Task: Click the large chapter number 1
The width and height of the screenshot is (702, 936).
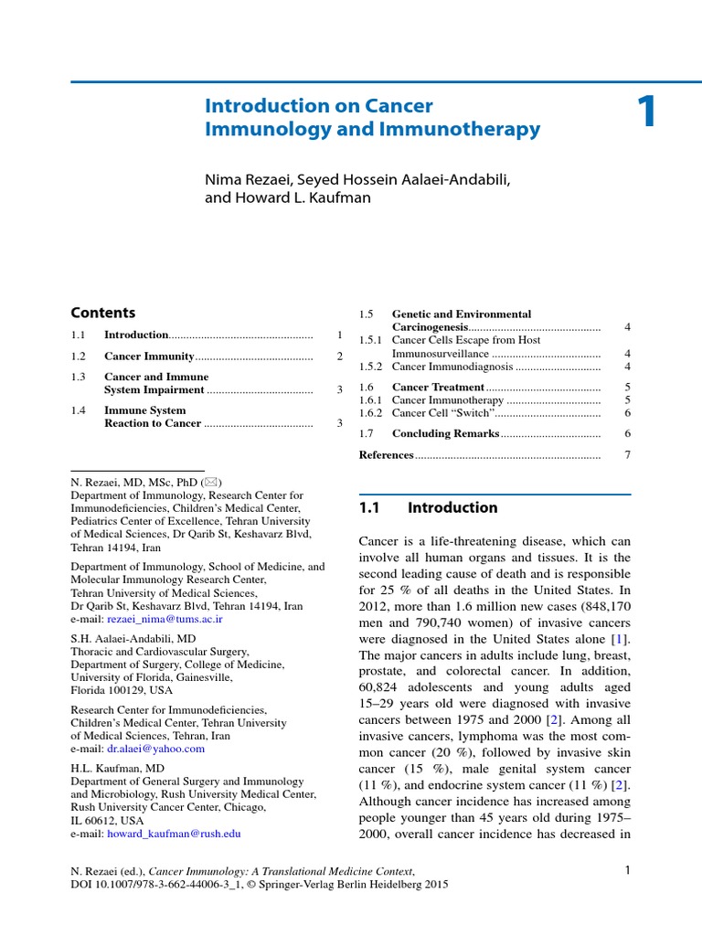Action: pyautogui.click(x=647, y=113)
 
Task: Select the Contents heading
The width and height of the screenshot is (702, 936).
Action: pyautogui.click(x=103, y=313)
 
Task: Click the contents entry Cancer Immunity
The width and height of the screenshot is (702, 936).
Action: pyautogui.click(x=149, y=356)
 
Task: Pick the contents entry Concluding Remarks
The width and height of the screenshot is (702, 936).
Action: pyautogui.click(x=445, y=433)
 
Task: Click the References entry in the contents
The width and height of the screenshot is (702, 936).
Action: pyautogui.click(x=387, y=454)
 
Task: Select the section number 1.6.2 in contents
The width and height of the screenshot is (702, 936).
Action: pyautogui.click(x=370, y=412)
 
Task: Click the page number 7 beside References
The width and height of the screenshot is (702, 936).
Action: pyautogui.click(x=627, y=454)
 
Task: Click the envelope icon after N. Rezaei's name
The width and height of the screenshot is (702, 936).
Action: pyautogui.click(x=211, y=482)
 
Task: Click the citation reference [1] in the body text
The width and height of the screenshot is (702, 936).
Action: pyautogui.click(x=622, y=635)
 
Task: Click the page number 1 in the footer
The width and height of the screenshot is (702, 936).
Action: pyautogui.click(x=628, y=870)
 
